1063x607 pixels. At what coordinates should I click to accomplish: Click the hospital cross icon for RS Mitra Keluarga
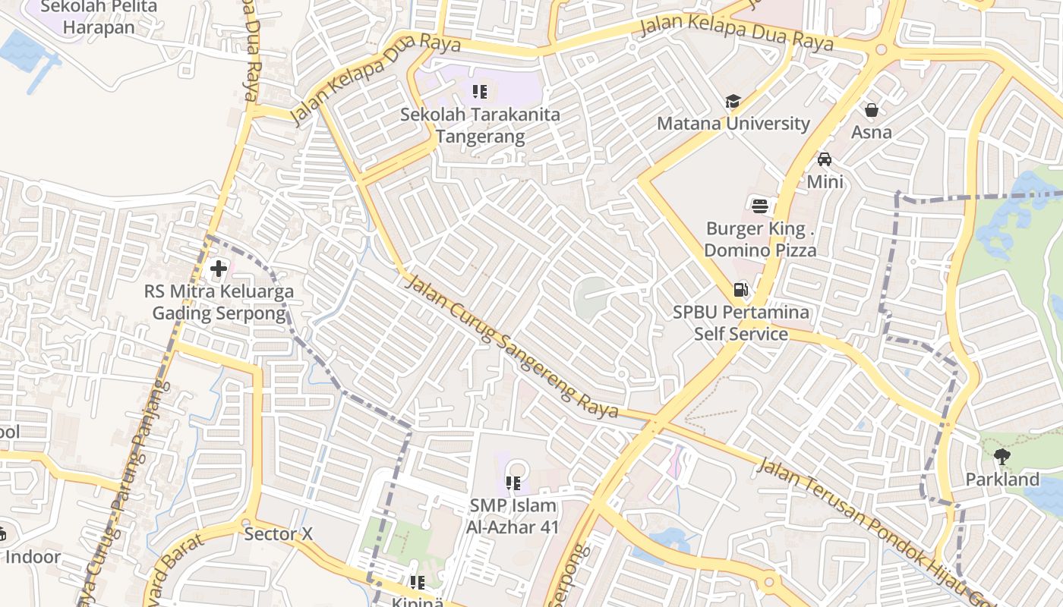(219, 269)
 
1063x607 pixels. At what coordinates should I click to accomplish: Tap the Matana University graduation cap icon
(733, 102)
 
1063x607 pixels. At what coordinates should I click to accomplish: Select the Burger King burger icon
(760, 205)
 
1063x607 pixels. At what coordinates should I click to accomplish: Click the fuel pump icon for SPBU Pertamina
(740, 289)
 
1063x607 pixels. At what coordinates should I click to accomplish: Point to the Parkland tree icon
(1002, 456)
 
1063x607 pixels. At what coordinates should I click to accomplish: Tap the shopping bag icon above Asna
(871, 110)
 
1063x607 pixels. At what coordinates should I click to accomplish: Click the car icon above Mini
(825, 159)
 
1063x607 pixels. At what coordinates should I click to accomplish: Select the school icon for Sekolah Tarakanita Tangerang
(480, 92)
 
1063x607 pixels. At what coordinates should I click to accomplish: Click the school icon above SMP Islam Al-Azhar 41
(513, 483)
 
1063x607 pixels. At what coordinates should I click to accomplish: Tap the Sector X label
(278, 534)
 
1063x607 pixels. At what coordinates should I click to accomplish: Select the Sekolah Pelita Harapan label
(99, 17)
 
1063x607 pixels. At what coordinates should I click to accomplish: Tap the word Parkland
(1002, 480)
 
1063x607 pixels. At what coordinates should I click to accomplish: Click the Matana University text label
(733, 123)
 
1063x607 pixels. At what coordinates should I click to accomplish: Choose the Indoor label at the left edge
(33, 557)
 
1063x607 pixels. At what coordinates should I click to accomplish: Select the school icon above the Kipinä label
(417, 583)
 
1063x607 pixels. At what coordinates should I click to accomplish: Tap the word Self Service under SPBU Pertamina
(740, 334)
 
